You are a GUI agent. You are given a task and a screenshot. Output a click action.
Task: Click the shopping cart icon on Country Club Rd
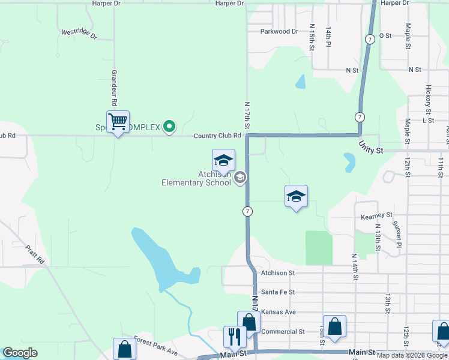tap(118, 122)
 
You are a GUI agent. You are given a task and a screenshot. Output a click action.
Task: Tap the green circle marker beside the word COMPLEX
tap(169, 126)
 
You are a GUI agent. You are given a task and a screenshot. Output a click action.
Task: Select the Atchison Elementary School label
tap(196, 179)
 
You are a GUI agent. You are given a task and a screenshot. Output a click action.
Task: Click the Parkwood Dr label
tap(279, 31)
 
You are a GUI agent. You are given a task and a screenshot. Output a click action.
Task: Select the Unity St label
tap(371, 146)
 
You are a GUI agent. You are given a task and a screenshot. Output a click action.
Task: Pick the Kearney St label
tap(376, 214)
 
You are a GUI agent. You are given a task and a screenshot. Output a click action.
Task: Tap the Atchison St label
tap(278, 272)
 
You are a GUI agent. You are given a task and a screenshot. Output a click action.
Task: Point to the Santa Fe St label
tap(278, 292)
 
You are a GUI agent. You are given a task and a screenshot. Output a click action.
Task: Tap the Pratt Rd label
tap(35, 254)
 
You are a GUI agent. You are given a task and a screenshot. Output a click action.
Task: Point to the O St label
tap(385, 35)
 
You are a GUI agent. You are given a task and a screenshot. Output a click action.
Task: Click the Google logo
tap(20, 353)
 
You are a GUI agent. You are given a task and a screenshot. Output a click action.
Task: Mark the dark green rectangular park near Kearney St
tap(319, 248)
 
